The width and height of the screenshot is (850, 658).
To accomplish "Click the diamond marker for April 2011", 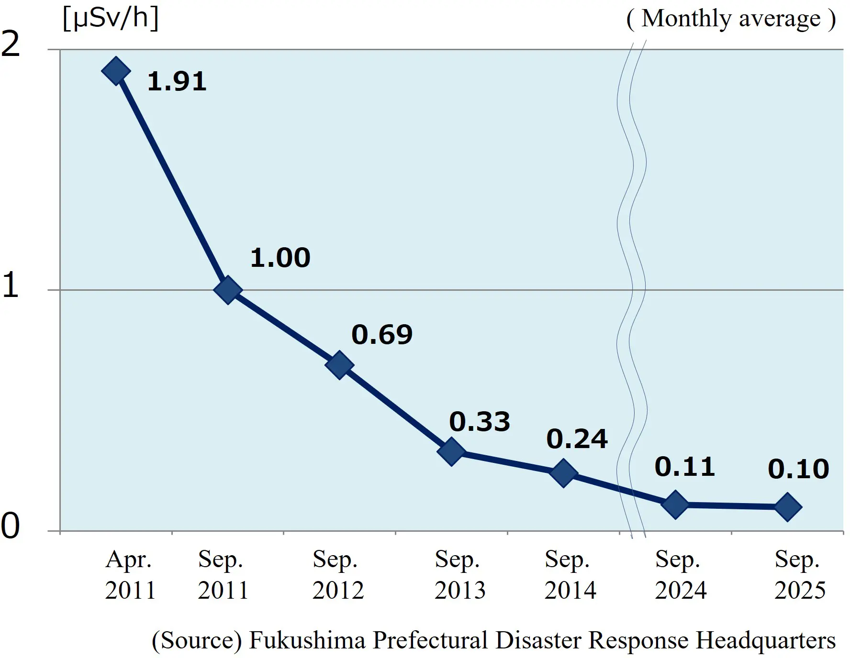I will (x=116, y=71).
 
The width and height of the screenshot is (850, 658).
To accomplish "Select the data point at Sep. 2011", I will (x=228, y=290).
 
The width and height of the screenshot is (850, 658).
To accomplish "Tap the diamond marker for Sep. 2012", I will (x=339, y=365).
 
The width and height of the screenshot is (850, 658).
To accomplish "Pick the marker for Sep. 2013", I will (x=451, y=451).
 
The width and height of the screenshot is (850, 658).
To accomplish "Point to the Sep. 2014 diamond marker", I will (x=563, y=473).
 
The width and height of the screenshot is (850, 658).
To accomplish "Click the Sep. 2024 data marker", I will (x=675, y=504).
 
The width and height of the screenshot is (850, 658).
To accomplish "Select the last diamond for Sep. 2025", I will (x=787, y=506).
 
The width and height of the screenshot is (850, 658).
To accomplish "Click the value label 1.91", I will (x=177, y=81).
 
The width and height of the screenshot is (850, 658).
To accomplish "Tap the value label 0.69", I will (x=382, y=334).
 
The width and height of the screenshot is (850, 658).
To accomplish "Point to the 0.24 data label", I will (x=577, y=439).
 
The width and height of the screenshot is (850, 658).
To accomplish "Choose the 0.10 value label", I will (x=798, y=469).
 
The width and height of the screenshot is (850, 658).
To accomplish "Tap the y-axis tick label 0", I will (x=11, y=526).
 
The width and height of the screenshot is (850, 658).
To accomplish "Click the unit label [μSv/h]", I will (x=111, y=19).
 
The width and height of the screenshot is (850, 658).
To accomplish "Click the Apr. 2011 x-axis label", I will (x=130, y=574).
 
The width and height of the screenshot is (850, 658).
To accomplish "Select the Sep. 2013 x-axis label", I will (x=459, y=574).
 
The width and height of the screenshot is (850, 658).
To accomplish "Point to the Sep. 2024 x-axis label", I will (x=680, y=574).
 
